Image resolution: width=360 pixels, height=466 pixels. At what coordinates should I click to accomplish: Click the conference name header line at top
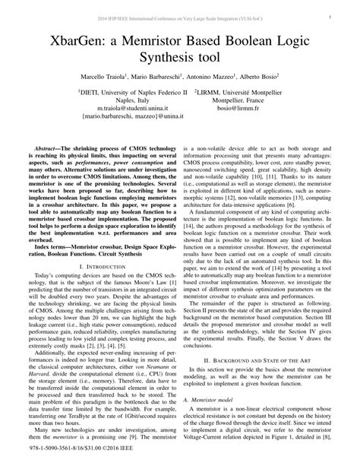click(x=179, y=15)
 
